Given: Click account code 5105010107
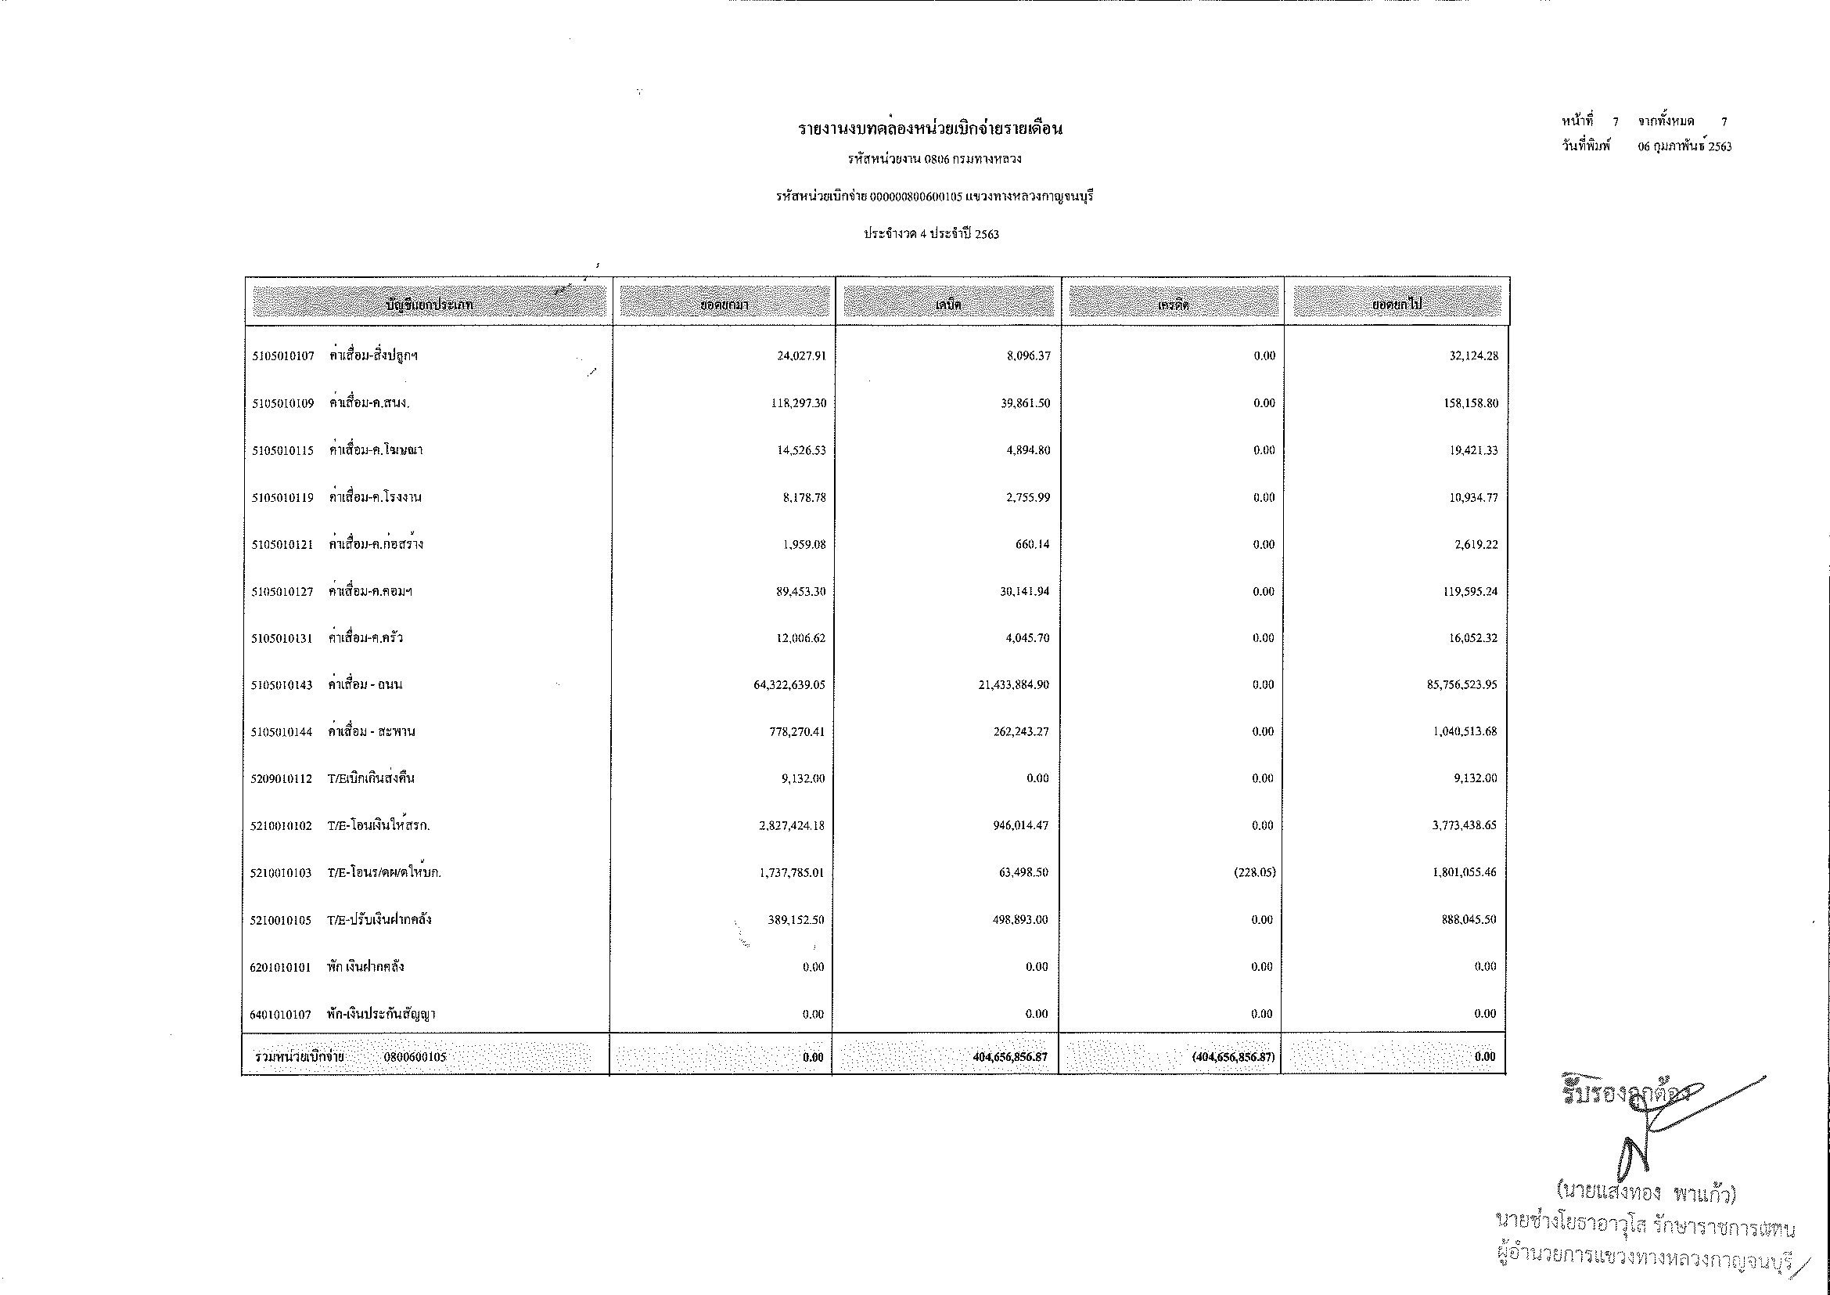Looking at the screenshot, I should point(283,356).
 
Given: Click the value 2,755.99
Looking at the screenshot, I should point(1028,498).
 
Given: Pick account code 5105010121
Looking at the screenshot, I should point(282,545).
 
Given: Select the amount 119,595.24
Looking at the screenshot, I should point(1470,592).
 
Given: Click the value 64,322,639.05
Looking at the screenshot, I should point(789,685).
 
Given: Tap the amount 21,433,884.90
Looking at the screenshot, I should point(1014,685).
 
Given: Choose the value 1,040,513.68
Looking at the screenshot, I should point(1465,732).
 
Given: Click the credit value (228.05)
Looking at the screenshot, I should point(1254,872).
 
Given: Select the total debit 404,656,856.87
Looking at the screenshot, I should point(1010,1057).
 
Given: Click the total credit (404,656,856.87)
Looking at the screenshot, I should point(1233,1057).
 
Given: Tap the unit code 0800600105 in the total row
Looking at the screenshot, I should point(415,1057).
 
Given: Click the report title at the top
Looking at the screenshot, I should point(930,128).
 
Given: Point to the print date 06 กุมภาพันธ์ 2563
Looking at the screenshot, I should point(1685,146).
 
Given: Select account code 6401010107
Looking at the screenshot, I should point(281,1014).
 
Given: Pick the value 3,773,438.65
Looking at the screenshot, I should point(1464,825).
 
